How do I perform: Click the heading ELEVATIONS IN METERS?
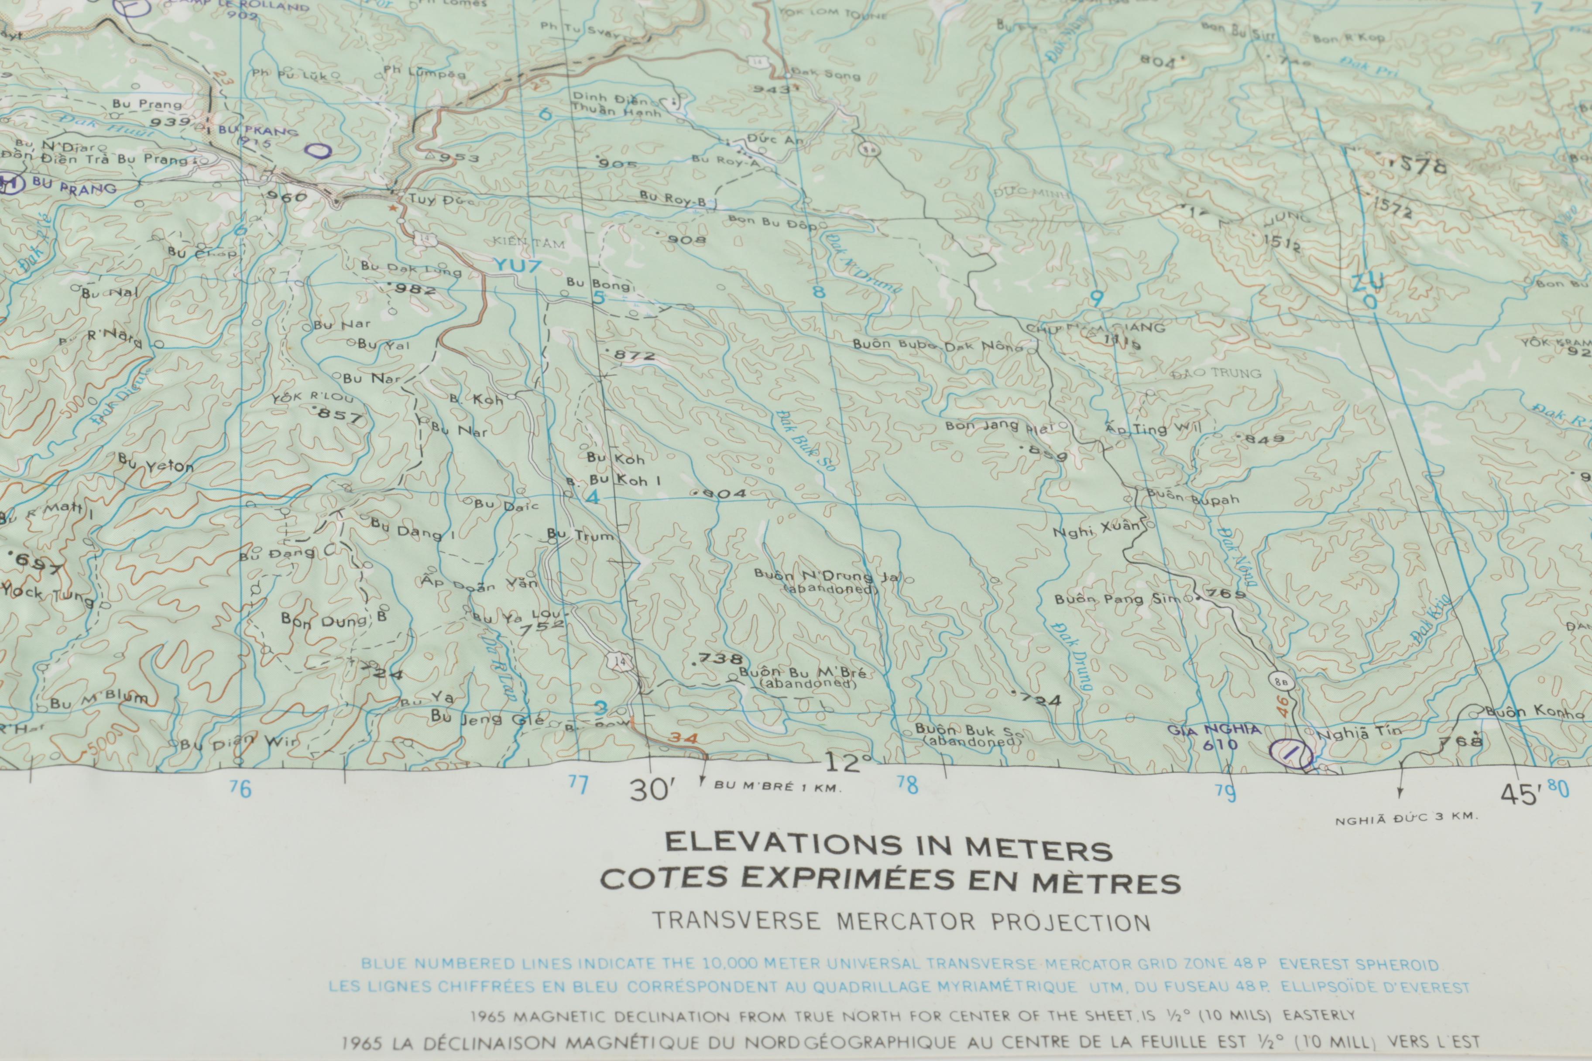pyautogui.click(x=889, y=846)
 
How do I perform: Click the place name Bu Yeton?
pyautogui.click(x=156, y=463)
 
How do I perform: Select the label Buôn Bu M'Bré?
pyautogui.click(x=802, y=673)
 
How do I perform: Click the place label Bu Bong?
pyautogui.click(x=598, y=284)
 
